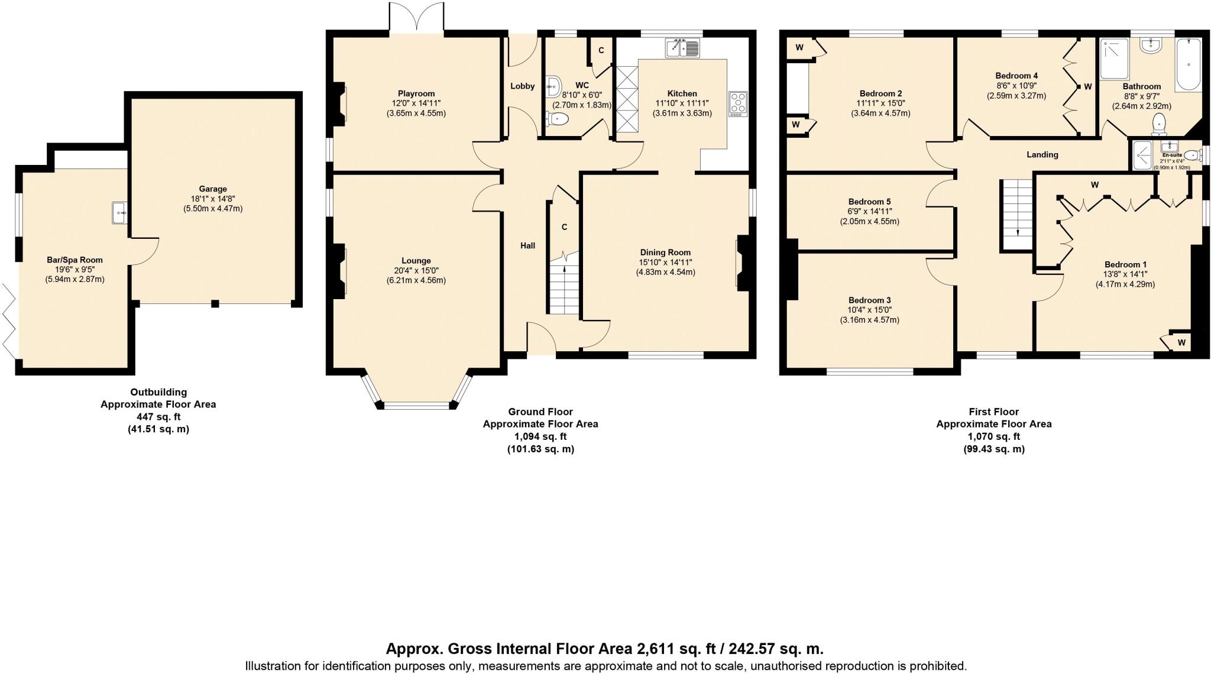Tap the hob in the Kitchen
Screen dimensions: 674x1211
(738, 104)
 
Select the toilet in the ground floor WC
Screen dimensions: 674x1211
(558, 120)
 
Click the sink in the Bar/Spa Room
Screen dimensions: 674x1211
(120, 212)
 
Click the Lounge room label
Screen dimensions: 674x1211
(416, 261)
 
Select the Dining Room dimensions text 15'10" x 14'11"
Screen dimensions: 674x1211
(665, 263)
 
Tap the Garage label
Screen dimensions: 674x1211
(212, 189)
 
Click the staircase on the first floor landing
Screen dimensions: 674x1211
(1016, 215)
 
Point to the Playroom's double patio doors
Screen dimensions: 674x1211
(417, 18)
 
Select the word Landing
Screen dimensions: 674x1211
(1042, 155)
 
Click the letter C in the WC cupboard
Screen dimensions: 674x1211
(601, 51)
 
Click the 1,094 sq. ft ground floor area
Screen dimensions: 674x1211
(540, 437)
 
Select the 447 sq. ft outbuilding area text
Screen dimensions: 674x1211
(158, 417)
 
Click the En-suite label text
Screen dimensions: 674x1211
(1171, 155)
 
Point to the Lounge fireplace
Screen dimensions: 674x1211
(339, 271)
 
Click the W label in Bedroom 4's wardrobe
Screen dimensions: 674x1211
(1087, 87)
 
